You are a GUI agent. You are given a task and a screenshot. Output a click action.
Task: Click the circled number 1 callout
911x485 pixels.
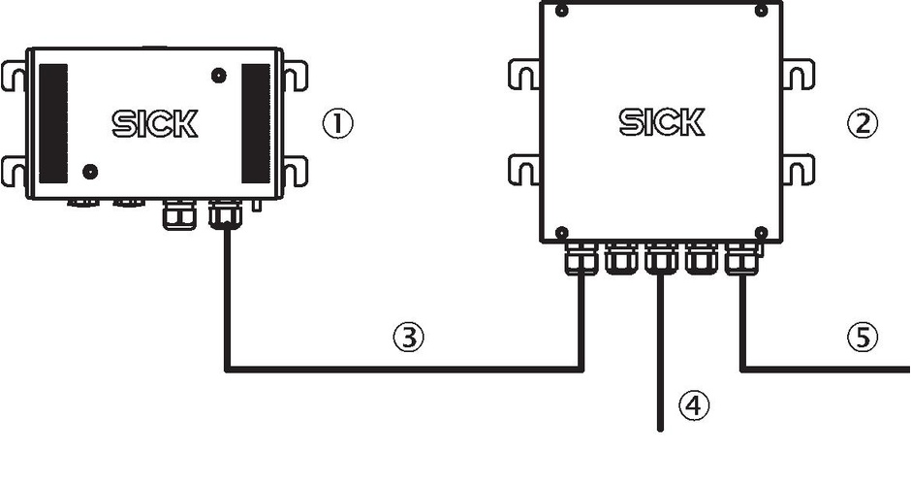click(x=337, y=124)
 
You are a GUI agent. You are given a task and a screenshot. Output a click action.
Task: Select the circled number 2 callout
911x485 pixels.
click(x=863, y=123)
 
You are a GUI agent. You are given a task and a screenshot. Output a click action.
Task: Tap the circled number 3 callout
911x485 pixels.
click(x=408, y=337)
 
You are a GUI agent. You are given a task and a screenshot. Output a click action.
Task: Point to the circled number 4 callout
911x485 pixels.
click(x=694, y=405)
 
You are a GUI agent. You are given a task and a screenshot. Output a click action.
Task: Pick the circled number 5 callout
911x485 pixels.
click(x=863, y=337)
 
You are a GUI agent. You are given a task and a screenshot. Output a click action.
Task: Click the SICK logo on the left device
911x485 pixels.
click(x=154, y=124)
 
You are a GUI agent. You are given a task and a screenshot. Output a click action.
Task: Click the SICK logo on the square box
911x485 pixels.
click(x=662, y=122)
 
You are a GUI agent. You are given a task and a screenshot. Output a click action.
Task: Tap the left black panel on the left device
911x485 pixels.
click(x=53, y=123)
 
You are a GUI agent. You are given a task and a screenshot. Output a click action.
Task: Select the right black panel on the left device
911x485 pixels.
click(x=256, y=123)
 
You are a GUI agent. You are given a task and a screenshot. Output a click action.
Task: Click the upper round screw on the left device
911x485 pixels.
click(x=218, y=75)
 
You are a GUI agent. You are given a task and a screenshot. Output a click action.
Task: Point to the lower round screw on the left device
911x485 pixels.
click(x=90, y=172)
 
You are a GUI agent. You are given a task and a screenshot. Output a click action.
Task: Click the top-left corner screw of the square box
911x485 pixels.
click(x=561, y=11)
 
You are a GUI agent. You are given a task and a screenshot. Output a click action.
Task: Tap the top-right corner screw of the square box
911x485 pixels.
click(x=761, y=11)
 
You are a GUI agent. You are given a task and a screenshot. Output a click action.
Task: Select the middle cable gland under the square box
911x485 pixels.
click(x=661, y=258)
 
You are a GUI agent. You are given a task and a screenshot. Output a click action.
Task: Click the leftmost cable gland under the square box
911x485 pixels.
click(x=581, y=258)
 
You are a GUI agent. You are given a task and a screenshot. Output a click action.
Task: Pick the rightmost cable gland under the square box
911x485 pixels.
click(x=742, y=258)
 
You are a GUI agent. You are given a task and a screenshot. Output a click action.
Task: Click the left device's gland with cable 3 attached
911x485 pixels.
click(x=226, y=213)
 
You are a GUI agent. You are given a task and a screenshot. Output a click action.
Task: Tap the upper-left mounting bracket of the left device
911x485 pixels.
click(x=14, y=75)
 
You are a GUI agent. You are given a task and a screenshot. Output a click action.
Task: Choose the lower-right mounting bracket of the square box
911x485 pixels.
click(x=799, y=170)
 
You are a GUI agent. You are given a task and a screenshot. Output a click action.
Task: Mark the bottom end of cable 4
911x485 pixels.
click(x=660, y=430)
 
